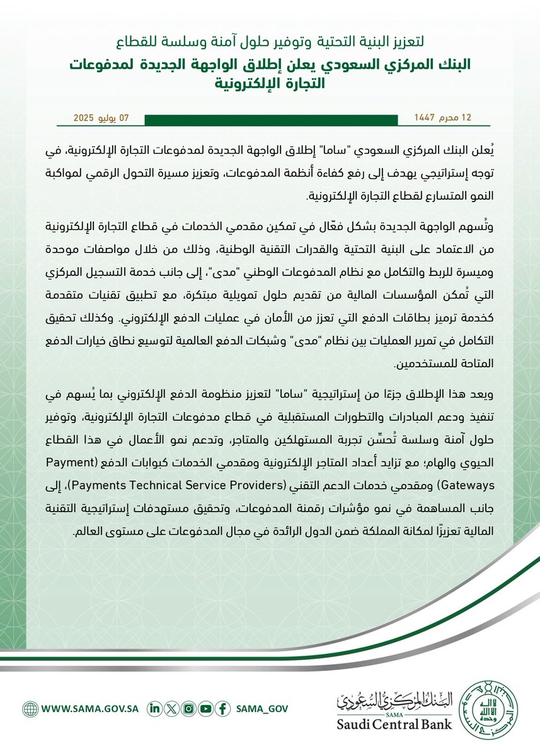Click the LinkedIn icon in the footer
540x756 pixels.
click(x=154, y=708)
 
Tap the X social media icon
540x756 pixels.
click(x=170, y=708)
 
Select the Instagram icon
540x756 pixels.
click(x=187, y=708)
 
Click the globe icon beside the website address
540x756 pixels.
click(x=30, y=708)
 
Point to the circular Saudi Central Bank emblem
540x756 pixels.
click(x=490, y=708)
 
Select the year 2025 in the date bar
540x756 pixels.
click(x=84, y=118)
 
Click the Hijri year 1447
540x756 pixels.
click(x=424, y=118)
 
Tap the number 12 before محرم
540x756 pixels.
click(x=466, y=118)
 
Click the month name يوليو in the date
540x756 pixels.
click(x=113, y=118)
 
